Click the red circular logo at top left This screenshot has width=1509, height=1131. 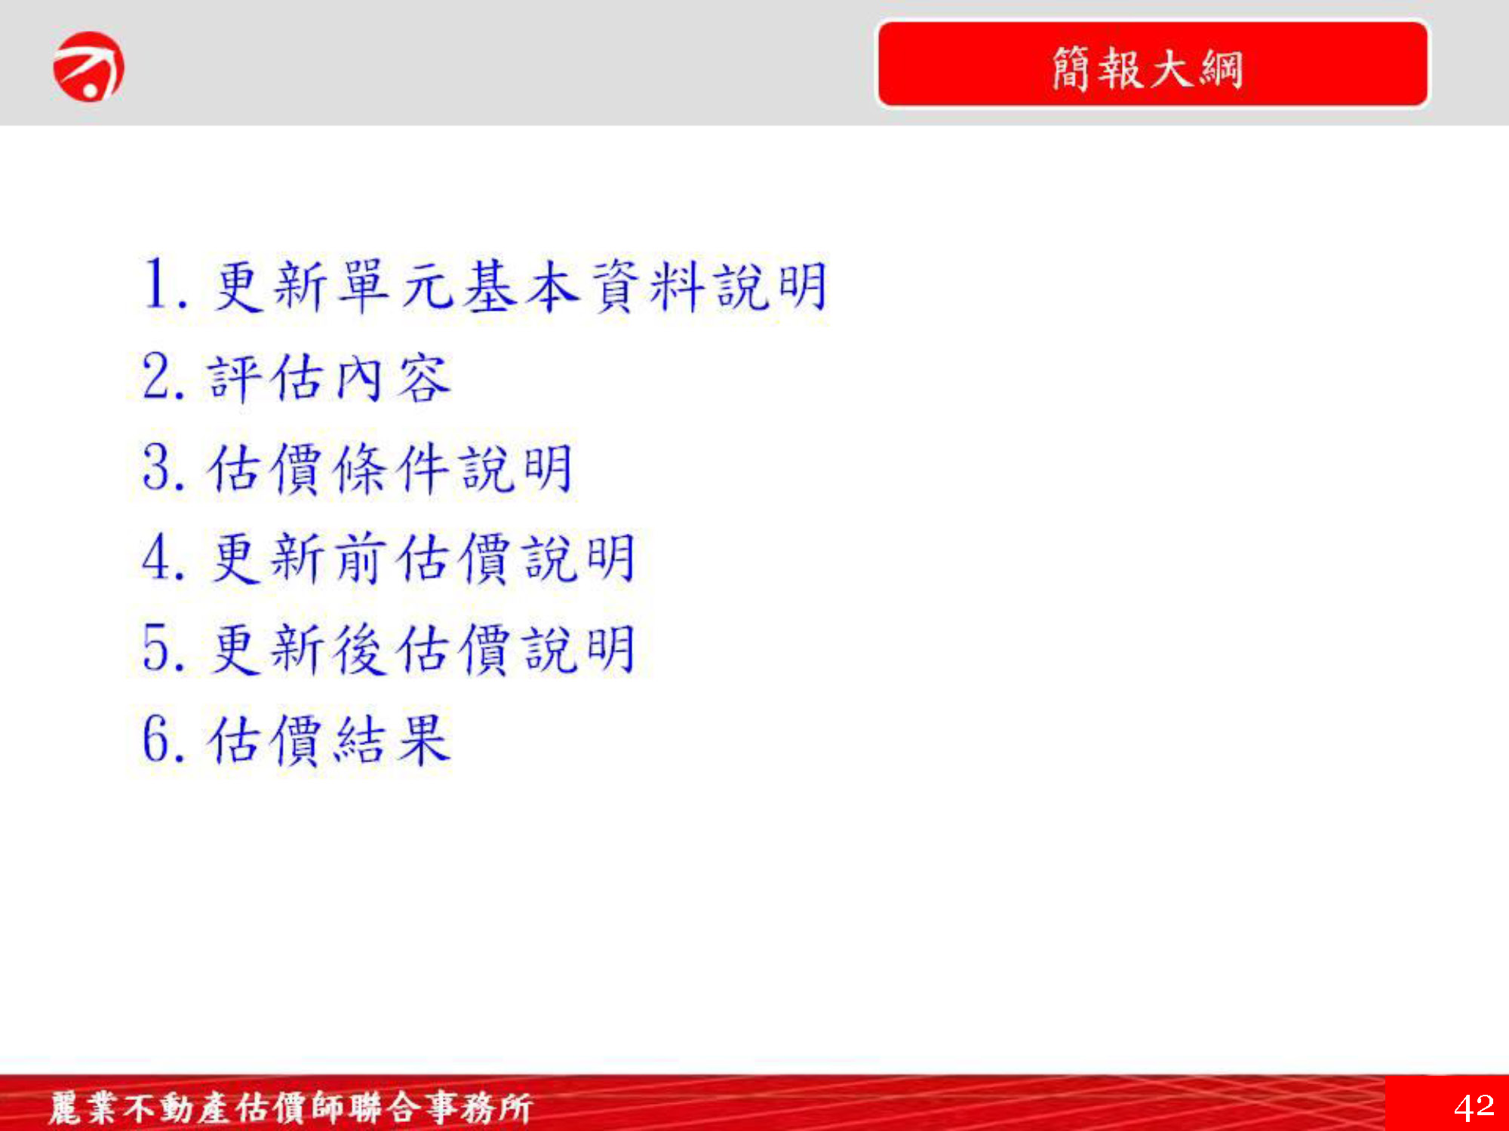[88, 66]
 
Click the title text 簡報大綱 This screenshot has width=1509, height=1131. [1147, 68]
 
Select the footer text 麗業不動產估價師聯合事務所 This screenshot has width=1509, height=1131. [290, 1108]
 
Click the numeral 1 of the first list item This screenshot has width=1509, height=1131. [157, 284]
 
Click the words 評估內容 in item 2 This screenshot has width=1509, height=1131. [329, 377]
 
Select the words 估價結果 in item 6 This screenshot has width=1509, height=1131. [329, 739]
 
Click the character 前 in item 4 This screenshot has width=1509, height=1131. [358, 558]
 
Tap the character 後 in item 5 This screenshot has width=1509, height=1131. [358, 648]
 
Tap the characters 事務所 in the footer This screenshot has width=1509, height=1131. [479, 1108]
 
